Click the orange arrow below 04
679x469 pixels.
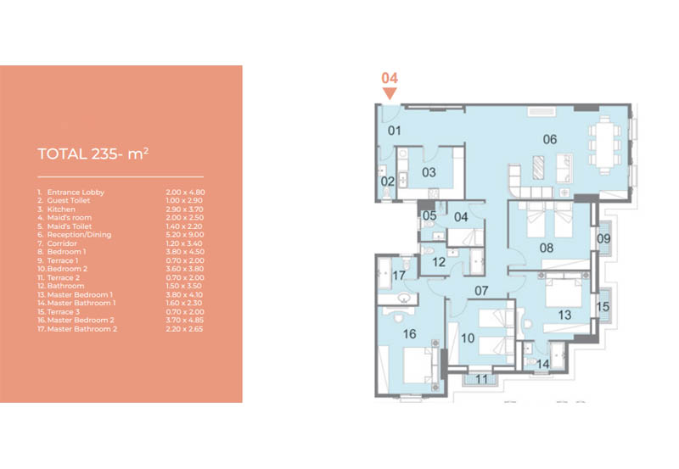coord(390,93)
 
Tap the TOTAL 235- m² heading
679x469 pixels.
coord(93,154)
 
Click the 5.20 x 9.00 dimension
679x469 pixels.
coord(185,234)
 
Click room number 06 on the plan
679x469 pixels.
coord(550,139)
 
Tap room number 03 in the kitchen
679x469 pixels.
coord(429,172)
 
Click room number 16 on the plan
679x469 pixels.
coord(410,334)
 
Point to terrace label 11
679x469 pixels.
coord(481,379)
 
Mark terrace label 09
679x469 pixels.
coord(603,238)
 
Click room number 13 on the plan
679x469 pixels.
coord(564,315)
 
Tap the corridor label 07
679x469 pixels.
coord(481,291)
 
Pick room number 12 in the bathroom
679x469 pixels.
coord(439,262)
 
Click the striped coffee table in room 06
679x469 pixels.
coord(538,167)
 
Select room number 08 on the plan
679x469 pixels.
coord(547,248)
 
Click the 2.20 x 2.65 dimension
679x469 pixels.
coord(184,329)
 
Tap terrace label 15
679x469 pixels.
coord(603,307)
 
